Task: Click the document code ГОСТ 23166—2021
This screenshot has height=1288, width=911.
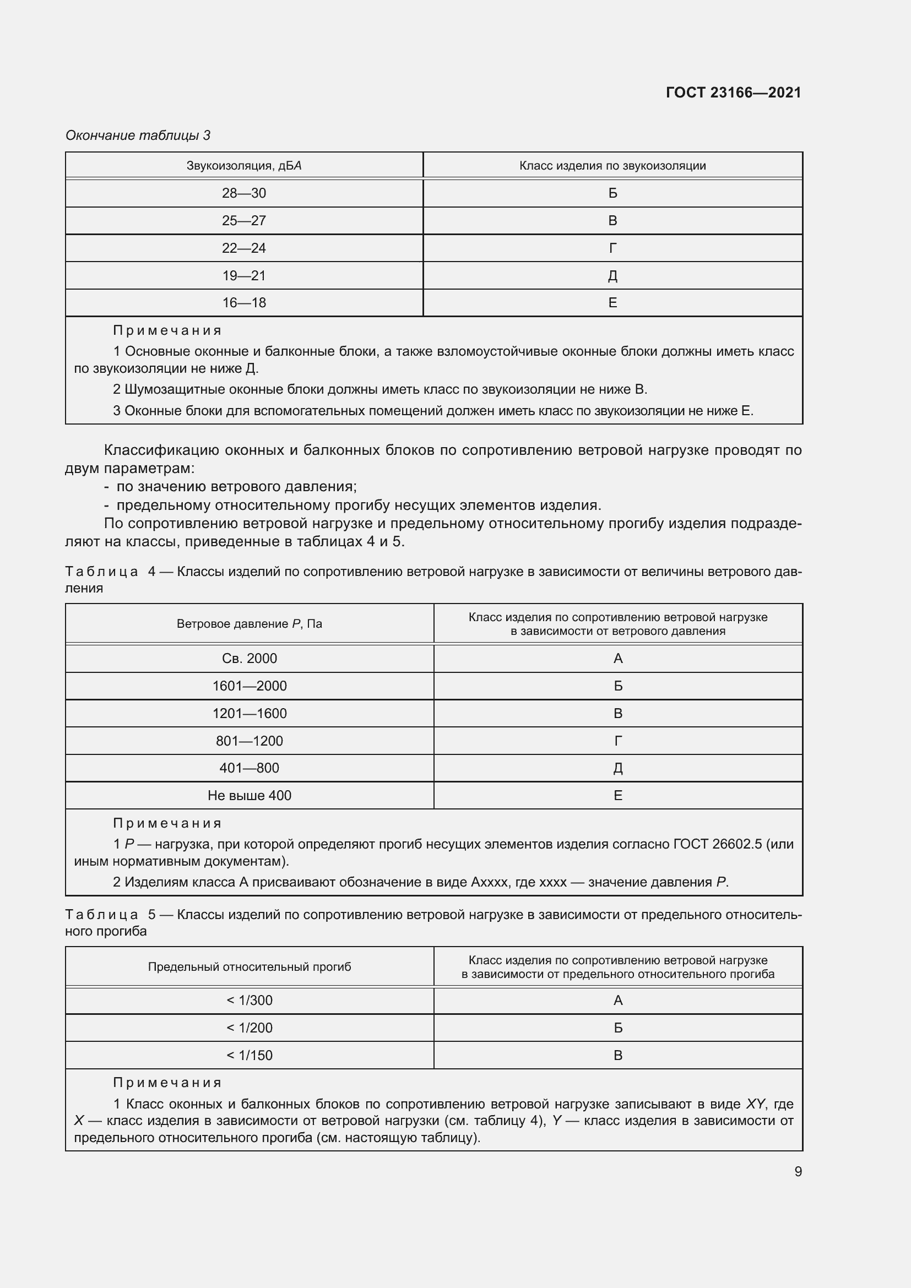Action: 733,93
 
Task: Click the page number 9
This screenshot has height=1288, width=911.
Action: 798,1171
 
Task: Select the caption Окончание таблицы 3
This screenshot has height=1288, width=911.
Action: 138,135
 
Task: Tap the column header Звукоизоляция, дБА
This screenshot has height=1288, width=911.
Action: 244,166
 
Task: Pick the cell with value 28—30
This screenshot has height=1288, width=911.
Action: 244,193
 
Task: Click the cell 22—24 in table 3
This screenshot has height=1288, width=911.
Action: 244,248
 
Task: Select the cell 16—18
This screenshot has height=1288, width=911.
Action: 244,303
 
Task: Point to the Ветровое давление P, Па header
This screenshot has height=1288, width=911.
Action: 249,624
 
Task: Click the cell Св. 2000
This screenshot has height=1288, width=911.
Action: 249,659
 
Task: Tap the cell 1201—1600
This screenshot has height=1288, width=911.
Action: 249,714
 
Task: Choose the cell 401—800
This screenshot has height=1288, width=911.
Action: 249,768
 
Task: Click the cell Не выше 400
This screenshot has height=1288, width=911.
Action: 249,796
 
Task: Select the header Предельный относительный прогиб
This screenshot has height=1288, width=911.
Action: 249,966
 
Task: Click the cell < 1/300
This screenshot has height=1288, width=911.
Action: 249,1000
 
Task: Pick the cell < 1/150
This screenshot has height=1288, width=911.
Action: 249,1055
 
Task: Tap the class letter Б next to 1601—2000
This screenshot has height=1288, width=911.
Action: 617,686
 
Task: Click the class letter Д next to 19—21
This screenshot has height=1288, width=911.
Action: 612,275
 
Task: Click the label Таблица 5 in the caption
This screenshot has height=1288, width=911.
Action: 110,915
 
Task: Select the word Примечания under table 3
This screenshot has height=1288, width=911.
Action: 167,330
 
